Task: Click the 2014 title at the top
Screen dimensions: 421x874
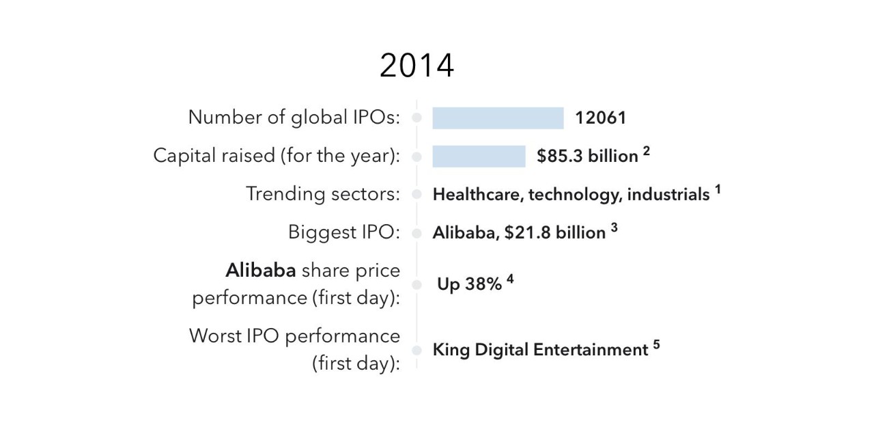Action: coord(417,66)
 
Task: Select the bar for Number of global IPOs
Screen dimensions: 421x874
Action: coord(498,118)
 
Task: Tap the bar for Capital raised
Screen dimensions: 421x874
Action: coord(479,157)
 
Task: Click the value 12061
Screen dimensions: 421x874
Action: coord(600,118)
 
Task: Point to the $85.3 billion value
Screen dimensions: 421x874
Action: coord(587,157)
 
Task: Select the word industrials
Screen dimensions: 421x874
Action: coord(668,195)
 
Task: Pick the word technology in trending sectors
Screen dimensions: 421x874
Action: coord(575,195)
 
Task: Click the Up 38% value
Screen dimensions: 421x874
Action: coord(470,284)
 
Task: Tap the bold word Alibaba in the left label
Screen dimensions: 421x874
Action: coord(261,271)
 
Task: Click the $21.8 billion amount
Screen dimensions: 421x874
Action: coord(555,233)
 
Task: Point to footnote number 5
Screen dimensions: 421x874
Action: coord(656,344)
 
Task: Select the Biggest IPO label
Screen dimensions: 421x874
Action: coord(344,232)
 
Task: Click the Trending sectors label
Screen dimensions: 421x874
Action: coord(323,194)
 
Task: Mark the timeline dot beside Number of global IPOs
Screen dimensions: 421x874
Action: coord(417,118)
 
